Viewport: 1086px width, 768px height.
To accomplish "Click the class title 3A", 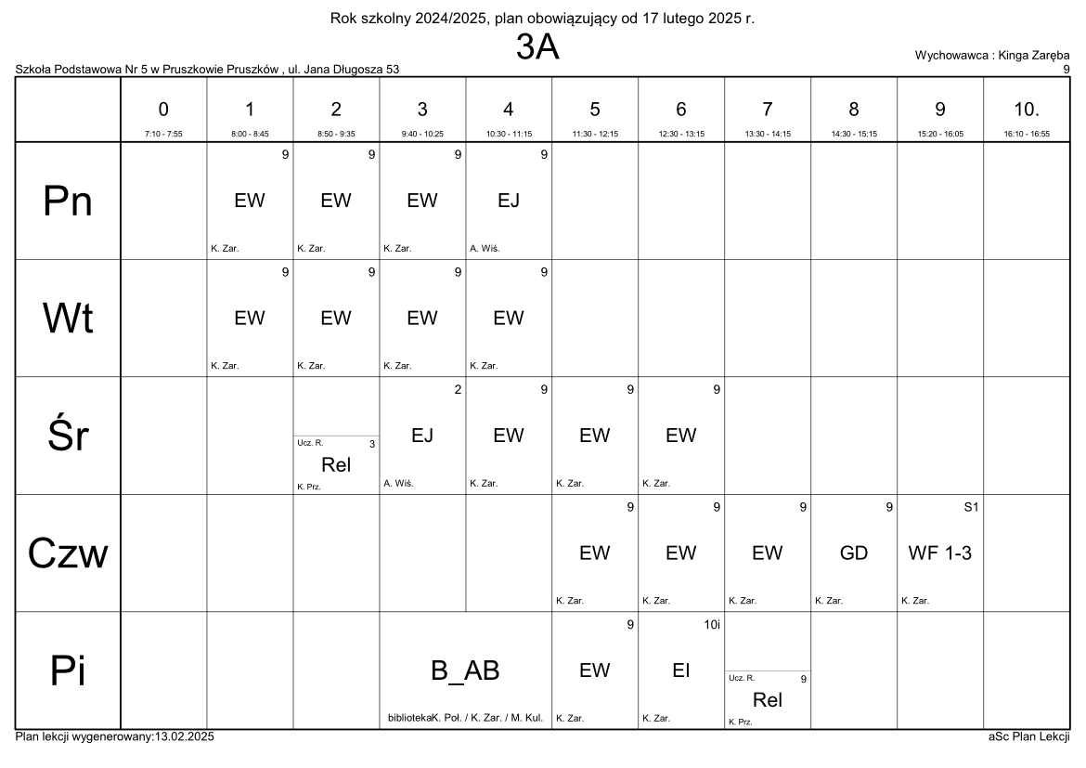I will tap(537, 48).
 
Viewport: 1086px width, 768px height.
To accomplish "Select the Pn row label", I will tap(68, 202).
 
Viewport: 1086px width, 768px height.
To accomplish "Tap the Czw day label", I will tap(68, 553).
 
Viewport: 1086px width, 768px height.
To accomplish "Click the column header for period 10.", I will tap(1026, 110).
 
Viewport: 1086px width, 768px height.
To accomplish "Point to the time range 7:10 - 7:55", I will tap(163, 134).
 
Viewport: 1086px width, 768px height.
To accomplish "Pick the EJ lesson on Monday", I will tap(509, 201).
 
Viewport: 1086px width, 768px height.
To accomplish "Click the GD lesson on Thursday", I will tap(853, 553).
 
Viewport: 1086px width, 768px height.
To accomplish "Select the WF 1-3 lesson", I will tap(939, 553).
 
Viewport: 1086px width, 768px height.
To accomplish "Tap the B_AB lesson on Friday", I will tap(466, 671).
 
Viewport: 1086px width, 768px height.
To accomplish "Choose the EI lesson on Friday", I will tap(680, 670).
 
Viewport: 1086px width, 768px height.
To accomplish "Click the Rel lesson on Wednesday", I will tap(335, 465).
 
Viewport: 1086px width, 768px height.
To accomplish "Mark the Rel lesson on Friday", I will tap(767, 700).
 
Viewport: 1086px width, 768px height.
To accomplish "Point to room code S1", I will tap(972, 507).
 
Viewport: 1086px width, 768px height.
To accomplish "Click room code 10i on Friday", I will tap(711, 625).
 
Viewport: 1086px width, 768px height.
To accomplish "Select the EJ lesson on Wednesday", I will tap(422, 436).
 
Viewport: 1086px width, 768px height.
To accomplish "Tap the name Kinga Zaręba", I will tap(1033, 56).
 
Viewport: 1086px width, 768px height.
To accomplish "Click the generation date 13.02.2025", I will tap(182, 736).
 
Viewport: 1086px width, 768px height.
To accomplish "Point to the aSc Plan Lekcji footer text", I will tap(1028, 736).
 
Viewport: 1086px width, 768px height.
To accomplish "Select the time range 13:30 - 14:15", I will tap(767, 134).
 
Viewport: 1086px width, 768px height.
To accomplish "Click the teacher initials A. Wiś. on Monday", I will tap(485, 248).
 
